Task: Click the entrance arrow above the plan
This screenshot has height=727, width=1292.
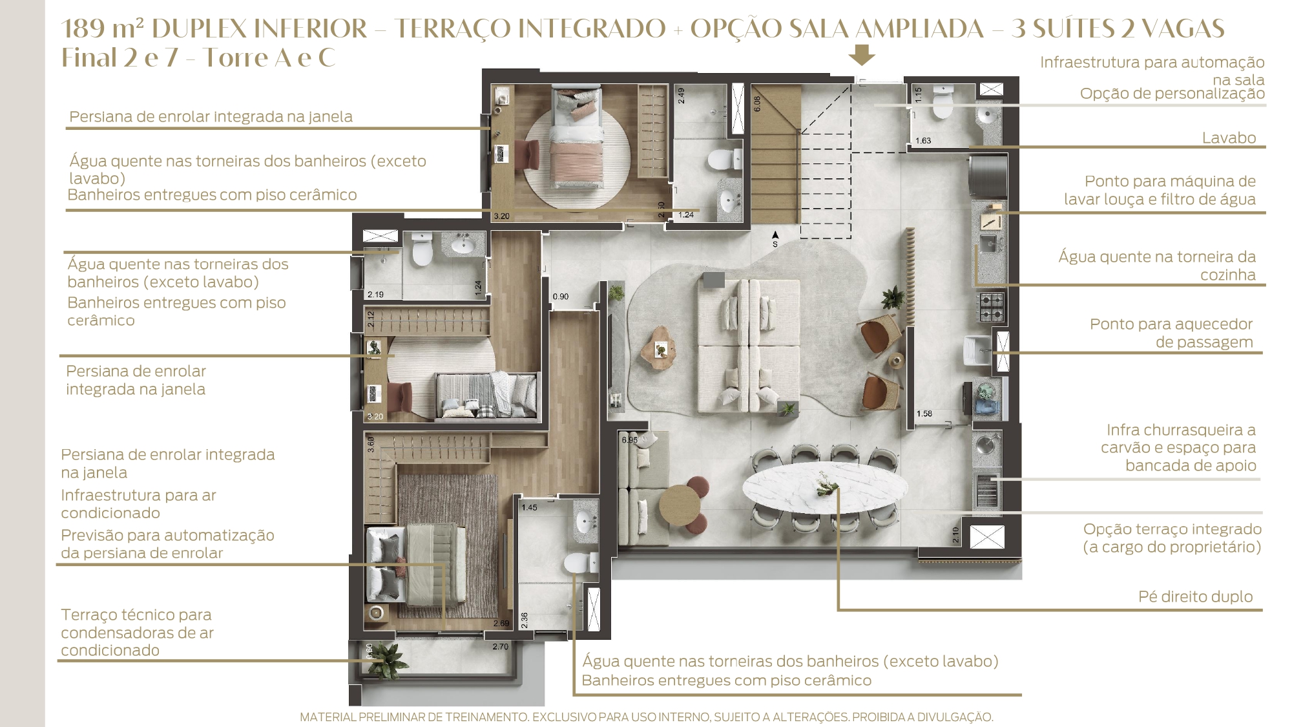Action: pyautogui.click(x=862, y=56)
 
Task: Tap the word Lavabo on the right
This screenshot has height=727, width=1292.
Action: pyautogui.click(x=1229, y=138)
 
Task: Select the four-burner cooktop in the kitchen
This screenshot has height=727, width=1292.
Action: pyautogui.click(x=991, y=308)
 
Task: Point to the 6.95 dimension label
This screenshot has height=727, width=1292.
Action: pyautogui.click(x=629, y=440)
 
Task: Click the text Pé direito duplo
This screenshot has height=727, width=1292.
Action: pyautogui.click(x=1195, y=596)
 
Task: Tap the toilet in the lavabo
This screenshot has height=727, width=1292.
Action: pyautogui.click(x=943, y=103)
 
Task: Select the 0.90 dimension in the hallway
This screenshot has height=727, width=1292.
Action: pyautogui.click(x=561, y=297)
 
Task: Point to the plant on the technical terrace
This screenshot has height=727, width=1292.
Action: pyautogui.click(x=386, y=659)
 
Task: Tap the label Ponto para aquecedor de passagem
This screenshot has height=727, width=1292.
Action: pyautogui.click(x=1171, y=333)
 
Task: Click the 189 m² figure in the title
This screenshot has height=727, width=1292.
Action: pyautogui.click(x=103, y=29)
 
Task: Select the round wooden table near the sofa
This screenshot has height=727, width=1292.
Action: pyautogui.click(x=680, y=505)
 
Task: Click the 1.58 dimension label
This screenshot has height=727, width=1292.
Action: pyautogui.click(x=924, y=414)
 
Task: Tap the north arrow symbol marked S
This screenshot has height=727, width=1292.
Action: pyautogui.click(x=775, y=239)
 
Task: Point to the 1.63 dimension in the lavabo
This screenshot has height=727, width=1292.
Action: pyautogui.click(x=923, y=140)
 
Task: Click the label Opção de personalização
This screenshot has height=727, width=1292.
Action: pyautogui.click(x=1172, y=94)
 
